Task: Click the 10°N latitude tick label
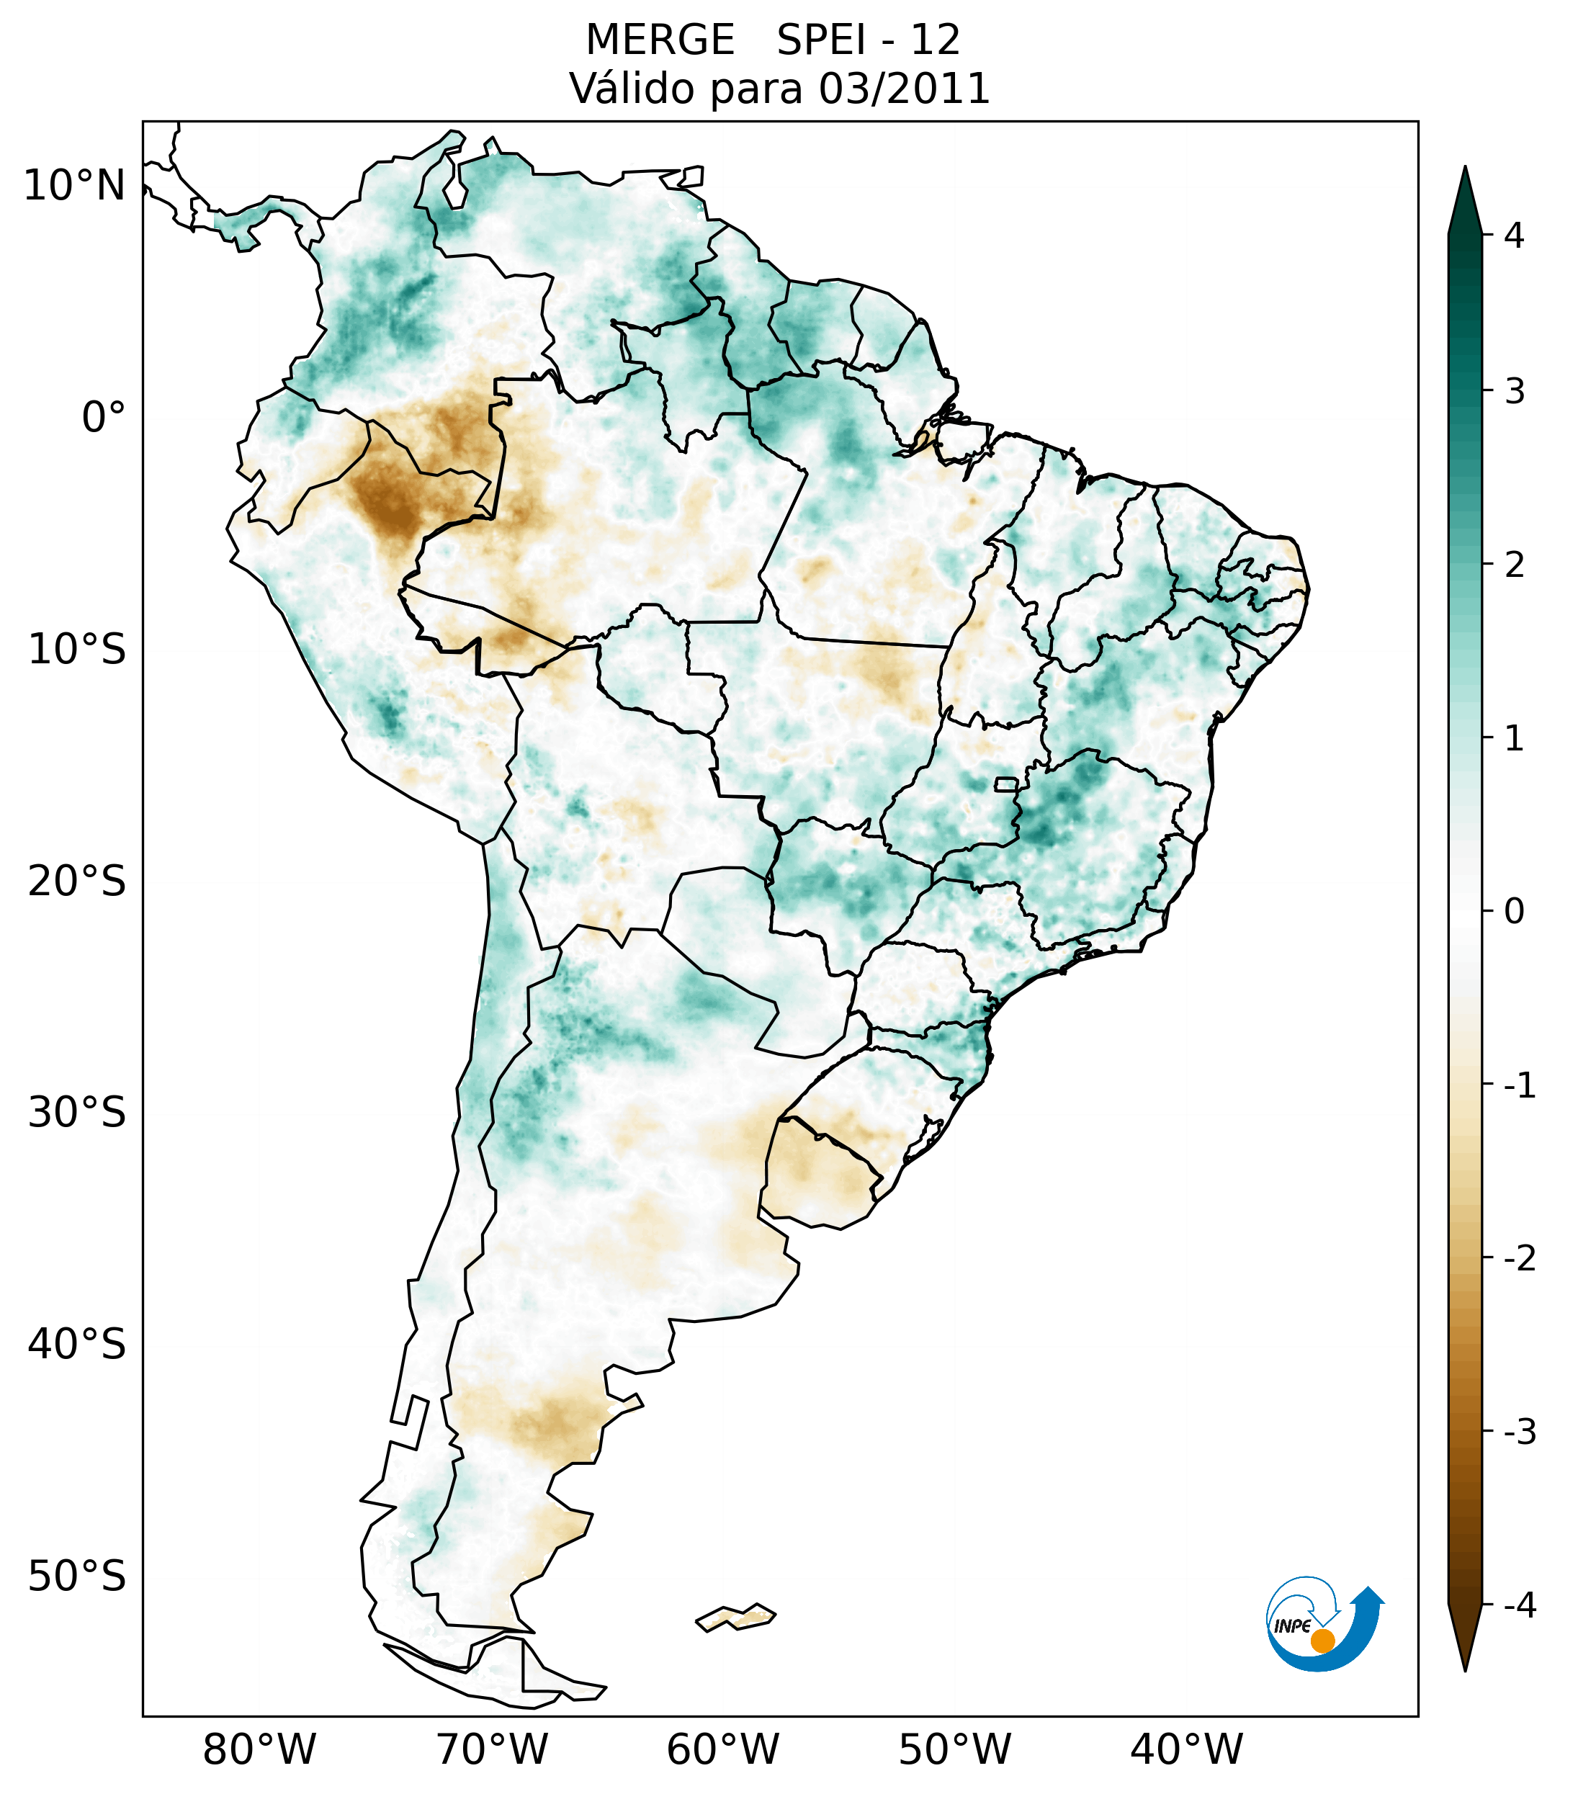73,186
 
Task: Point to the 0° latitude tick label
103,417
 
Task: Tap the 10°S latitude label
77,650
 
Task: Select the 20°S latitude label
77,882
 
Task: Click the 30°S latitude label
77,1113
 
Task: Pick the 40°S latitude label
77,1345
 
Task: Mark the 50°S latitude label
77,1577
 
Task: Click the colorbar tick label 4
1513,236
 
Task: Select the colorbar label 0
1514,912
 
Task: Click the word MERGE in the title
660,40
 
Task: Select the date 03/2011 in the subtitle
904,89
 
